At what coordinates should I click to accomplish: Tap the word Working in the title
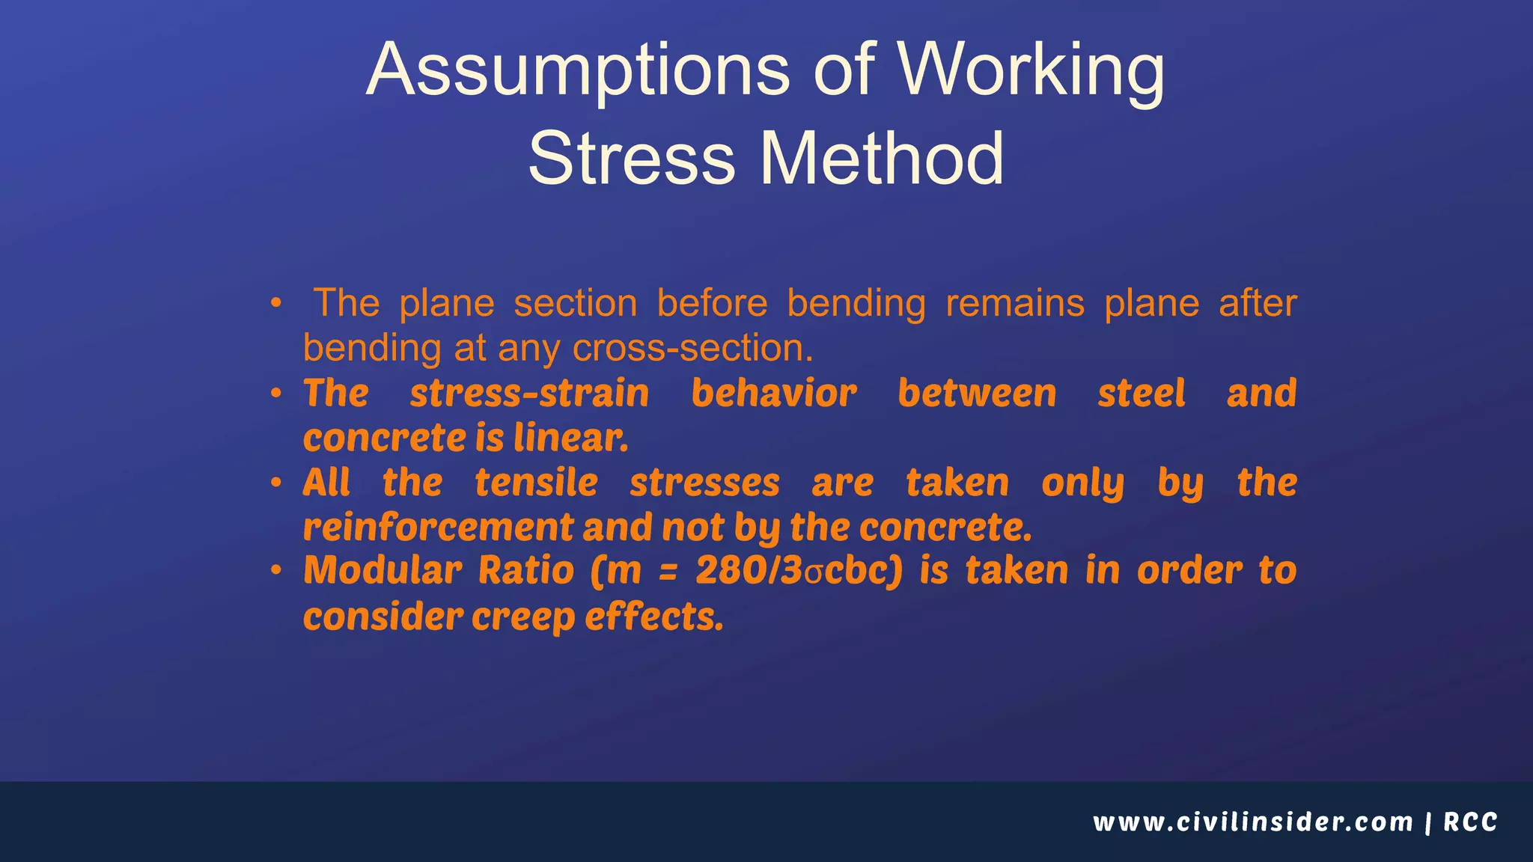click(x=1031, y=71)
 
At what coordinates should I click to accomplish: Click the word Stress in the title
click(x=632, y=159)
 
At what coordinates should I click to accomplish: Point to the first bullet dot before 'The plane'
click(x=276, y=304)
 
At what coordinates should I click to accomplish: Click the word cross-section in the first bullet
click(x=692, y=349)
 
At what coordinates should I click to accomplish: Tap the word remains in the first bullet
click(x=1014, y=304)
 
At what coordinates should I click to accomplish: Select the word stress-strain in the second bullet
click(x=529, y=394)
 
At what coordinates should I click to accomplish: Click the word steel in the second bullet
click(x=1141, y=394)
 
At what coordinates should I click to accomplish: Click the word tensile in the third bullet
click(x=536, y=483)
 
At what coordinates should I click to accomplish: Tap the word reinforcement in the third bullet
click(x=438, y=528)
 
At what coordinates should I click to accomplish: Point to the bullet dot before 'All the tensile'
click(x=276, y=483)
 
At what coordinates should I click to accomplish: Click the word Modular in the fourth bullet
click(x=383, y=571)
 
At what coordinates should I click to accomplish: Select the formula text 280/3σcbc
click(x=799, y=571)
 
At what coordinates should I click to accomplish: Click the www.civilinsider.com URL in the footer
click(x=1252, y=822)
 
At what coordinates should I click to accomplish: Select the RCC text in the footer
click(x=1470, y=822)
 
